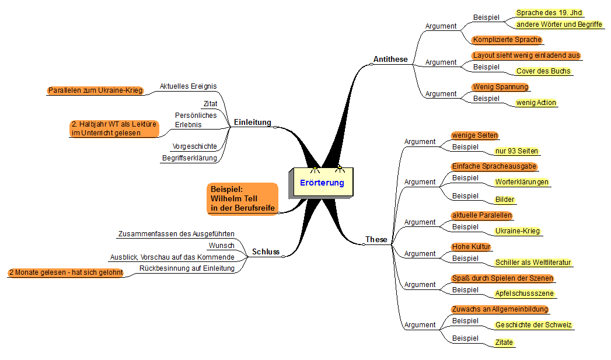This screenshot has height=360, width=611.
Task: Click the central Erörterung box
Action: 322,183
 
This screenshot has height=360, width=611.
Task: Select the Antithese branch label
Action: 390,59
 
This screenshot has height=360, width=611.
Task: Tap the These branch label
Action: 376,239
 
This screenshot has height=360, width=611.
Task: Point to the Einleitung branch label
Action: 253,123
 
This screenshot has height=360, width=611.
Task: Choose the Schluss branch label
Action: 266,251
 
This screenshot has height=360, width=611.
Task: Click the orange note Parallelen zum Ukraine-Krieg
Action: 96,90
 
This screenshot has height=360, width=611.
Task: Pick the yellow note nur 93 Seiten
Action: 516,151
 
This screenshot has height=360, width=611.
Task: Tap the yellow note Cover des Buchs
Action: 543,71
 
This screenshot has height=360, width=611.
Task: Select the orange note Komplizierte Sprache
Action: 507,40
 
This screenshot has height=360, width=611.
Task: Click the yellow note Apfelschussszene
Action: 524,293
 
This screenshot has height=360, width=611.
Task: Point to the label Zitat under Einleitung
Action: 211,104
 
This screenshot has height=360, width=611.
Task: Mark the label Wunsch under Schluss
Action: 221,246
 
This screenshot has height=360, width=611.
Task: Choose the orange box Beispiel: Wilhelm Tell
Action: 242,199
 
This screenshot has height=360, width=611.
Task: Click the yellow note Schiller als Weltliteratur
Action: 533,263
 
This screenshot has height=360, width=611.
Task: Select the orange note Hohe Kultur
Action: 471,247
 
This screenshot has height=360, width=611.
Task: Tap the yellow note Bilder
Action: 505,200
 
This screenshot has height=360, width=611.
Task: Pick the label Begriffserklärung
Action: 190,158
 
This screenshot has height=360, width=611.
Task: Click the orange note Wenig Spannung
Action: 500,87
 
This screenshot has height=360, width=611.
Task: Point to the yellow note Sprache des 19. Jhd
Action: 549,13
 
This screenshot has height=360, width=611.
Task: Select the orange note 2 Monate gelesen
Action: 66,272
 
